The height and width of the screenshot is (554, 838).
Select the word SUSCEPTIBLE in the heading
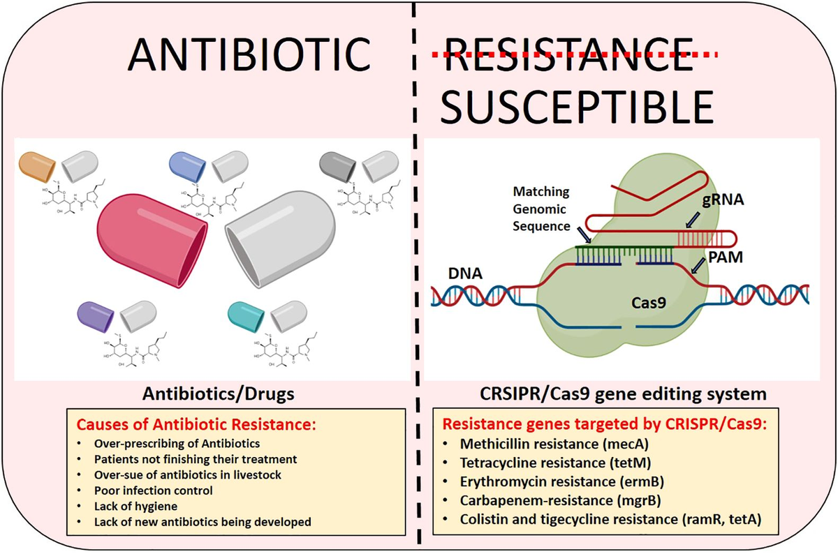tap(579, 108)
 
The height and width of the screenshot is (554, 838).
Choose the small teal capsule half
tap(245, 316)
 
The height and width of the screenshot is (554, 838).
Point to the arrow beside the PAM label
tap(696, 266)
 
